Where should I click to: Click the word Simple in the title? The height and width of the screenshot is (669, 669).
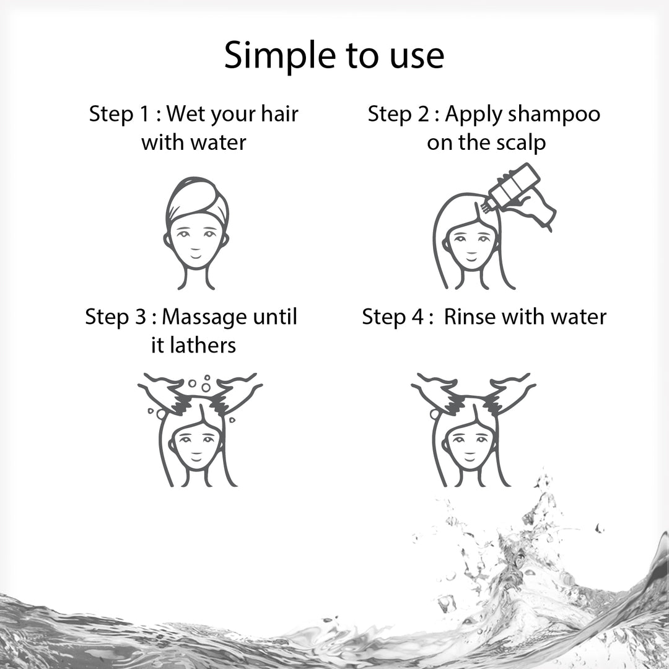pyautogui.click(x=280, y=56)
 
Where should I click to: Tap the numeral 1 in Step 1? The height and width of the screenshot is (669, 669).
pyautogui.click(x=143, y=114)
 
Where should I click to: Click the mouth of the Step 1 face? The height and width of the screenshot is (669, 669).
pyautogui.click(x=195, y=256)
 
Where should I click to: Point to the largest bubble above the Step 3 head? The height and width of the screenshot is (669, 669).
pyautogui.click(x=206, y=387)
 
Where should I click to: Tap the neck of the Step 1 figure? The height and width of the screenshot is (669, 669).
pyautogui.click(x=196, y=278)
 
